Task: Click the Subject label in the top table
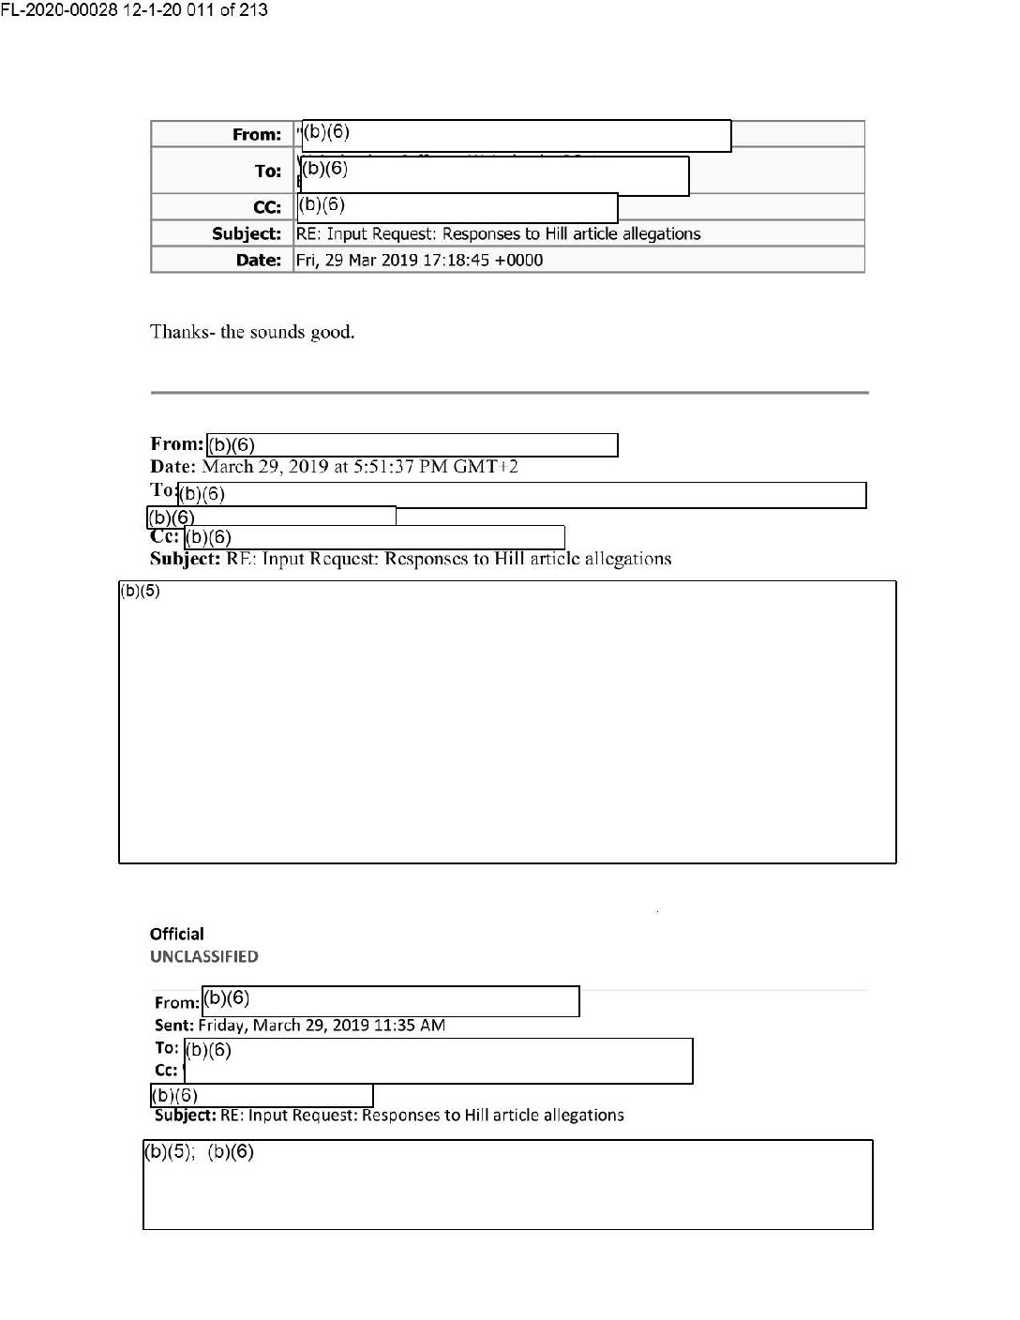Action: [x=247, y=233]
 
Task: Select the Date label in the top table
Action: [x=259, y=260]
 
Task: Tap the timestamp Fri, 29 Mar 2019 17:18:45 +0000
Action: [x=419, y=260]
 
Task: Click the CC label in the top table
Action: [x=267, y=206]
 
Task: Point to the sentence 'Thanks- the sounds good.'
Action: [x=252, y=332]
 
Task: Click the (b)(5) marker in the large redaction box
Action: [x=140, y=592]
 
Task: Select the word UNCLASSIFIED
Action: [x=204, y=956]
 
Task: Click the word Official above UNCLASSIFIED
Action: [x=176, y=934]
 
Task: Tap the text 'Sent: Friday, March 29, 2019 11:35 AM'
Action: [x=300, y=1025]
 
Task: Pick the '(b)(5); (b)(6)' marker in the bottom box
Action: [x=199, y=1151]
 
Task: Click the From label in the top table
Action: [x=257, y=134]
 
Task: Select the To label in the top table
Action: [x=268, y=171]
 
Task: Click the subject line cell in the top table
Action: [x=499, y=233]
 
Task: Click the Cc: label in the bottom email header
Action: [x=166, y=1070]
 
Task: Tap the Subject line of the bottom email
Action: [x=389, y=1115]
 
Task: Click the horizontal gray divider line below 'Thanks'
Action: [x=509, y=392]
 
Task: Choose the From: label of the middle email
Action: [x=176, y=443]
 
